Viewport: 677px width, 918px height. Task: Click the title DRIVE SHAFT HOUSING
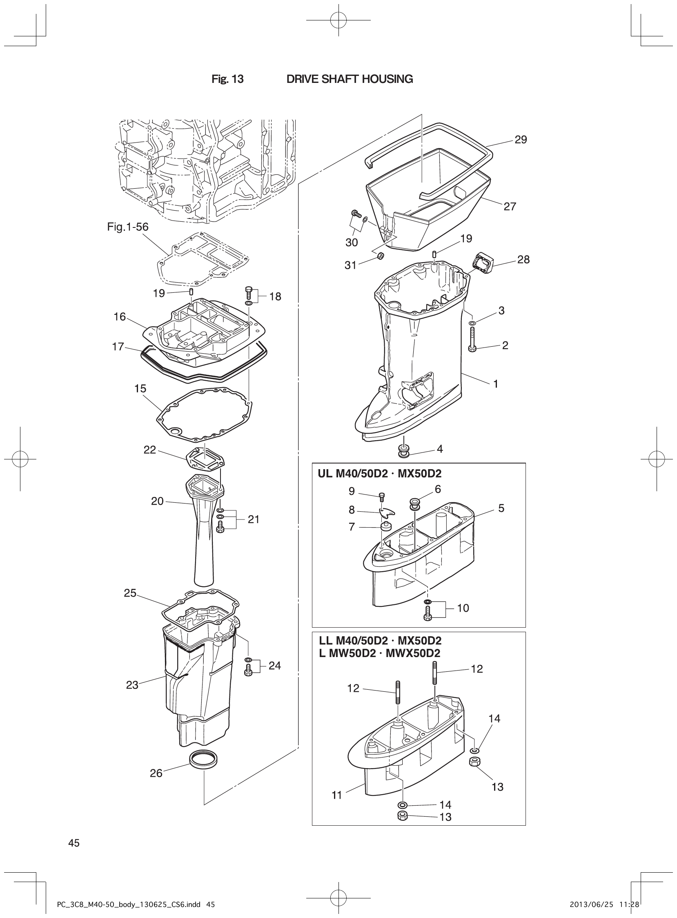pyautogui.click(x=349, y=80)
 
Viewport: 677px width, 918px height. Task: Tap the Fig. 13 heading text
pyautogui.click(x=227, y=80)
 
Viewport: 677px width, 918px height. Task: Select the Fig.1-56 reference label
pyautogui.click(x=128, y=227)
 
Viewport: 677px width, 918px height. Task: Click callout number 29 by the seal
pyautogui.click(x=521, y=140)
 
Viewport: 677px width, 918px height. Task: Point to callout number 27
pyautogui.click(x=510, y=207)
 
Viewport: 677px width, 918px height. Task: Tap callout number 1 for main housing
pyautogui.click(x=495, y=384)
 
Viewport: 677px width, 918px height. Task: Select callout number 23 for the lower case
pyautogui.click(x=132, y=685)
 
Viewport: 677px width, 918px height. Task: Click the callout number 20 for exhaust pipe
pyautogui.click(x=157, y=501)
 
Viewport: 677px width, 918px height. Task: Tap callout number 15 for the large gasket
pyautogui.click(x=140, y=388)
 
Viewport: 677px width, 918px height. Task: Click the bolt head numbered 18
pyautogui.click(x=249, y=292)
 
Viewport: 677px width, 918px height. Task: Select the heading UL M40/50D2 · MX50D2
pyautogui.click(x=379, y=474)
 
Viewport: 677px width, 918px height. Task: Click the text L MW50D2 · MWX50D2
pyautogui.click(x=379, y=654)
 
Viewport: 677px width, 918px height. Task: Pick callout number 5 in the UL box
pyautogui.click(x=501, y=508)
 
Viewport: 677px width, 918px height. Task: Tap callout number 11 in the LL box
pyautogui.click(x=336, y=795)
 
